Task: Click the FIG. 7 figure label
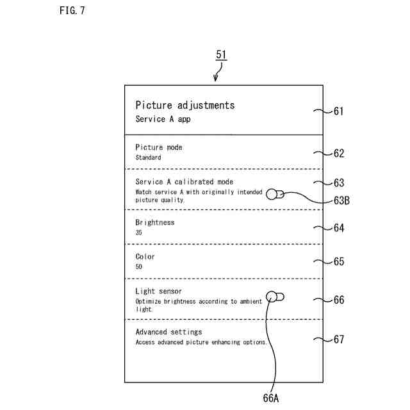(72, 11)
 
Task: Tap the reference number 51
(221, 56)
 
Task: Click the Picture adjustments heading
(184, 105)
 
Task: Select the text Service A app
(163, 119)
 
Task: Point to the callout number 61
(338, 111)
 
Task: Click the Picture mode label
(159, 147)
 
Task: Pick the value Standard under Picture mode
(148, 157)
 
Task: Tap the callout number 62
(338, 153)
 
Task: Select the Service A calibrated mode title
(184, 182)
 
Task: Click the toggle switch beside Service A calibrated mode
(275, 194)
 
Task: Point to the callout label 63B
(341, 201)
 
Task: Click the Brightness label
(155, 222)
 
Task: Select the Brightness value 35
(139, 233)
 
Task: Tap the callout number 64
(338, 228)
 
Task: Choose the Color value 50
(139, 266)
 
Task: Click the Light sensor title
(159, 291)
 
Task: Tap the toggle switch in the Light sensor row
(275, 297)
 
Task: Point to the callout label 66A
(271, 398)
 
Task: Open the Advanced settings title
(168, 332)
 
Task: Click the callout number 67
(338, 340)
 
